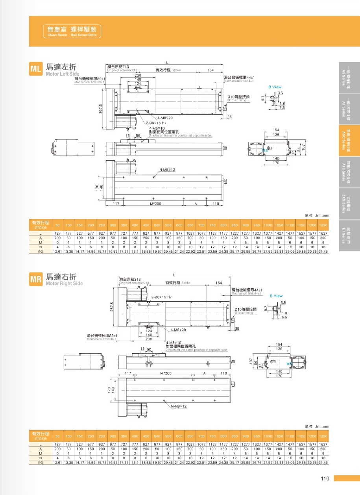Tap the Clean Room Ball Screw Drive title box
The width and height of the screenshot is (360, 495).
pos(72,31)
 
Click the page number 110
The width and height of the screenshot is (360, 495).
pos(325,479)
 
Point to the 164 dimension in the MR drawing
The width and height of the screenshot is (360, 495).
pos(219,283)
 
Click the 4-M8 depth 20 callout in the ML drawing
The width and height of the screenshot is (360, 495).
pos(165,118)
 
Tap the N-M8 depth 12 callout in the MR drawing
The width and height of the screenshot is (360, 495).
pos(179,406)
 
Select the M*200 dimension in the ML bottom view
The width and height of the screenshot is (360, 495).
pos(156,204)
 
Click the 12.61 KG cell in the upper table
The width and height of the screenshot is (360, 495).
pos(57,251)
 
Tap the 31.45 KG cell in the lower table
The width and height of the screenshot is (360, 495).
pos(323,462)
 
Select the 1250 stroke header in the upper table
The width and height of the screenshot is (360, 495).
pos(323,225)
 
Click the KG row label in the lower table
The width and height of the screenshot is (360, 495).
pos(41,462)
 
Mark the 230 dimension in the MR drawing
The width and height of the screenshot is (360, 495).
pos(149,339)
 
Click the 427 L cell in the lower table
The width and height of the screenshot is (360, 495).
pos(57,444)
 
